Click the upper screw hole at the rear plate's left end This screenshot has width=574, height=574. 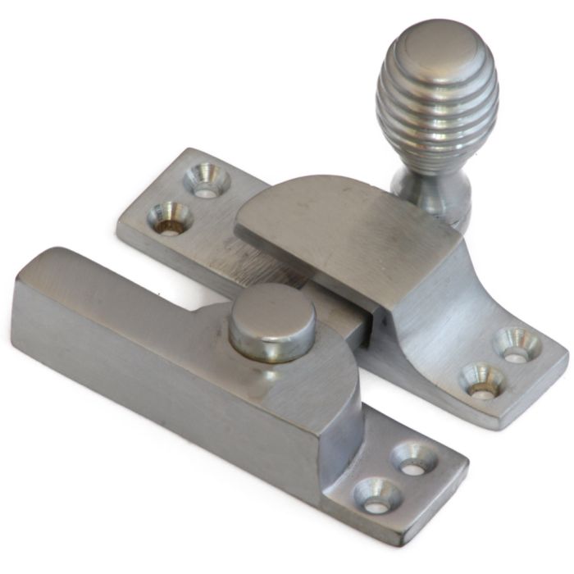pos(203,179)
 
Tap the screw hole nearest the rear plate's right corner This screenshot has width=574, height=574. pos(517,344)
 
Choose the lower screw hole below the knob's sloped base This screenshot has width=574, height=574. pos(481,380)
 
